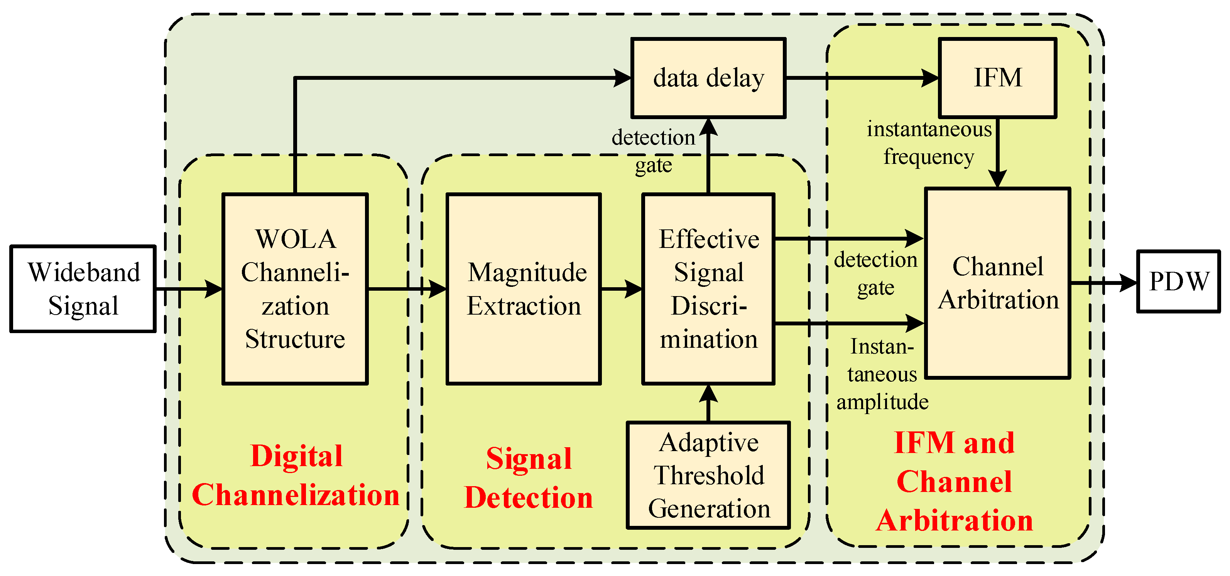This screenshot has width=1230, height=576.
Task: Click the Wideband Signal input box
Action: (83, 289)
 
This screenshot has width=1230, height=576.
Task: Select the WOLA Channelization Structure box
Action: (295, 289)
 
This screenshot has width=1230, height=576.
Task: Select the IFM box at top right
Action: (997, 78)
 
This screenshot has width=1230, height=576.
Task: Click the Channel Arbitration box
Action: (997, 283)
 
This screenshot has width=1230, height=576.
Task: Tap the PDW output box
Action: (1178, 281)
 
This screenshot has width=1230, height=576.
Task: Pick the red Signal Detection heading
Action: (528, 478)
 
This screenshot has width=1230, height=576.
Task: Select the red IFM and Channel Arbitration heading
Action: (954, 481)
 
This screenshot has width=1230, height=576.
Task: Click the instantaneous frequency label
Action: (929, 143)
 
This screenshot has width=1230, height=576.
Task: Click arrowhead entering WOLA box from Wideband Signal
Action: (213, 289)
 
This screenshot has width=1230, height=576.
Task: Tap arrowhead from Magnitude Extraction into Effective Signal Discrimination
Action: (633, 289)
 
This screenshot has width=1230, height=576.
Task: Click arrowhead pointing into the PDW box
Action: (1128, 283)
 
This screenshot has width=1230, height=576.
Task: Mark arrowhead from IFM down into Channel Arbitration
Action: (997, 179)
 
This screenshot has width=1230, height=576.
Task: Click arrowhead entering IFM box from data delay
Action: (929, 78)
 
